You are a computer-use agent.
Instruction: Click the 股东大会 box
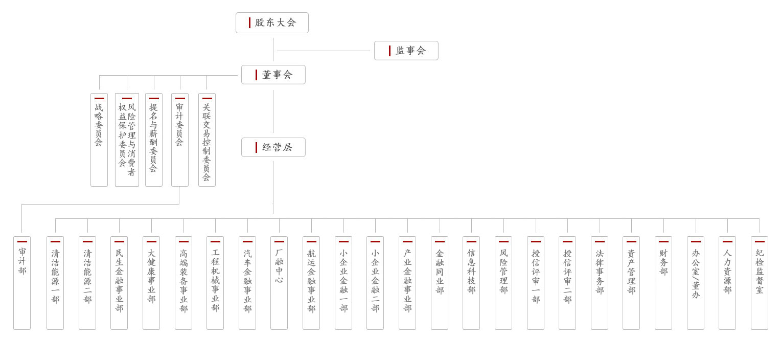(x=272, y=22)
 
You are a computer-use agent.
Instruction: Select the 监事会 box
(x=406, y=51)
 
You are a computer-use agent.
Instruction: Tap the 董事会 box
(x=273, y=75)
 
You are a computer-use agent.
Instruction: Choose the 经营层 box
(x=273, y=147)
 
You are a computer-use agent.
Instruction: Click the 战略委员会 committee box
(x=99, y=140)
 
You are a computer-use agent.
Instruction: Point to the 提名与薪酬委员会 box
(x=154, y=140)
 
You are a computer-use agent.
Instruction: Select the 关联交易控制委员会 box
(x=207, y=140)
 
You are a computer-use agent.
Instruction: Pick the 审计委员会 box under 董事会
(x=180, y=140)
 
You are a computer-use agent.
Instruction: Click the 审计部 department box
(x=22, y=283)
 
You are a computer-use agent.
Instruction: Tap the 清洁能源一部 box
(x=55, y=283)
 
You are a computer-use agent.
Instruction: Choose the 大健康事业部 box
(x=151, y=283)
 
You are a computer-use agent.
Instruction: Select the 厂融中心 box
(x=279, y=283)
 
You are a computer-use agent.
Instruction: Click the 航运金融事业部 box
(x=311, y=283)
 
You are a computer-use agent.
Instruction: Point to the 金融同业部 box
(x=440, y=283)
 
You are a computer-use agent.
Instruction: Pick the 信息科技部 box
(x=471, y=283)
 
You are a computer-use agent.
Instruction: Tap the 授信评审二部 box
(x=567, y=283)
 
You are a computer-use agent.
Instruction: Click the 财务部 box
(x=663, y=283)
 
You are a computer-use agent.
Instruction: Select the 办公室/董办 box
(x=696, y=283)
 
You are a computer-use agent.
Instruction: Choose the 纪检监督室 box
(x=760, y=283)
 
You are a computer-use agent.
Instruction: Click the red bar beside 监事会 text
(x=389, y=51)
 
